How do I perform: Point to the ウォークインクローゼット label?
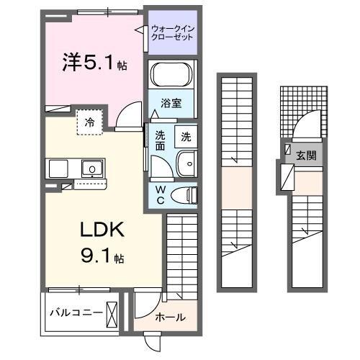click(172, 33)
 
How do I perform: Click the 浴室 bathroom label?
click(171, 103)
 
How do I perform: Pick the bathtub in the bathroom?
click(171, 75)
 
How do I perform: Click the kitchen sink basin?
click(91, 170)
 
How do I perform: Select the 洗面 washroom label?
click(160, 140)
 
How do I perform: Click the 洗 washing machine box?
click(186, 136)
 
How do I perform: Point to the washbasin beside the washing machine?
click(186, 164)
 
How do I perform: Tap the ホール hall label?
click(170, 317)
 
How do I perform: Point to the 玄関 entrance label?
click(306, 156)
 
